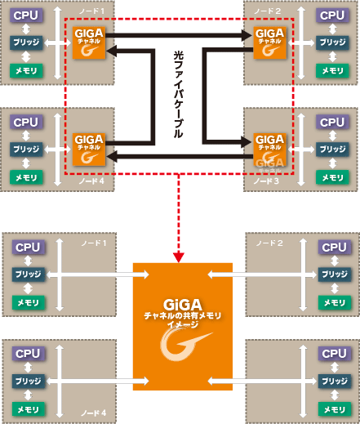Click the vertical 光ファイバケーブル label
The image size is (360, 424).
179,95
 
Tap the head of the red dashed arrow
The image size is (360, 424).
179,250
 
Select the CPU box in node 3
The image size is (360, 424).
332,123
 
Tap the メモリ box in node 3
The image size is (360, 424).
332,176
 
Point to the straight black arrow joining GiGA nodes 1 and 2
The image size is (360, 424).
180,34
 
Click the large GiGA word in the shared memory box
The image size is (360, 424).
182,301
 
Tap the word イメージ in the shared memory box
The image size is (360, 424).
182,324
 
